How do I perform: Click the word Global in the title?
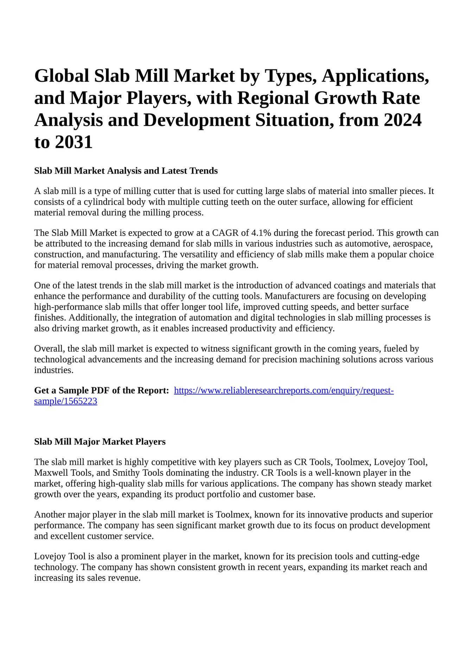tap(61, 76)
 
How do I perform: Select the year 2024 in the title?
tap(402, 120)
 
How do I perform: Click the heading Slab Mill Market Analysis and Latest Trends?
tap(126, 171)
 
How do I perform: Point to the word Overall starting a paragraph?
tap(49, 349)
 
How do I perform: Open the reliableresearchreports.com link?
tap(283, 390)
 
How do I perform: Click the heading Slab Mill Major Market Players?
tap(100, 442)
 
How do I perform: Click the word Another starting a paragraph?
tap(50, 515)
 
